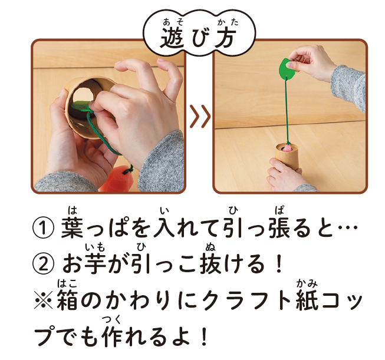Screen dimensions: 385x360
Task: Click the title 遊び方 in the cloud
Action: click(x=198, y=38)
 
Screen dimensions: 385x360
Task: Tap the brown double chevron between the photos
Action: click(x=200, y=116)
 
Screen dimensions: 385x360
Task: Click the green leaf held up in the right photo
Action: click(x=288, y=68)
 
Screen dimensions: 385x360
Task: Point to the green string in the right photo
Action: click(x=287, y=110)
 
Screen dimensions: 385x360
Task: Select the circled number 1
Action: click(x=43, y=228)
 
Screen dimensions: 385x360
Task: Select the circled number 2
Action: click(x=43, y=265)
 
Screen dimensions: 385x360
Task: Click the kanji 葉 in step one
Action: click(x=72, y=227)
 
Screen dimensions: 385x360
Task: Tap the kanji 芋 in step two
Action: click(x=95, y=263)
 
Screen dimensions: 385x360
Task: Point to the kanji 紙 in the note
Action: click(x=307, y=300)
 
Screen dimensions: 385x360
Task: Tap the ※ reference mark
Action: click(x=43, y=300)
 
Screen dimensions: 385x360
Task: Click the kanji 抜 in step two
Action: click(x=210, y=263)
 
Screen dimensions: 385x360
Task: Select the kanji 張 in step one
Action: click(x=279, y=227)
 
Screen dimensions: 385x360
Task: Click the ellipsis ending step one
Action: click(x=348, y=227)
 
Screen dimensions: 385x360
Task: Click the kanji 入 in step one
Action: click(x=163, y=227)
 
